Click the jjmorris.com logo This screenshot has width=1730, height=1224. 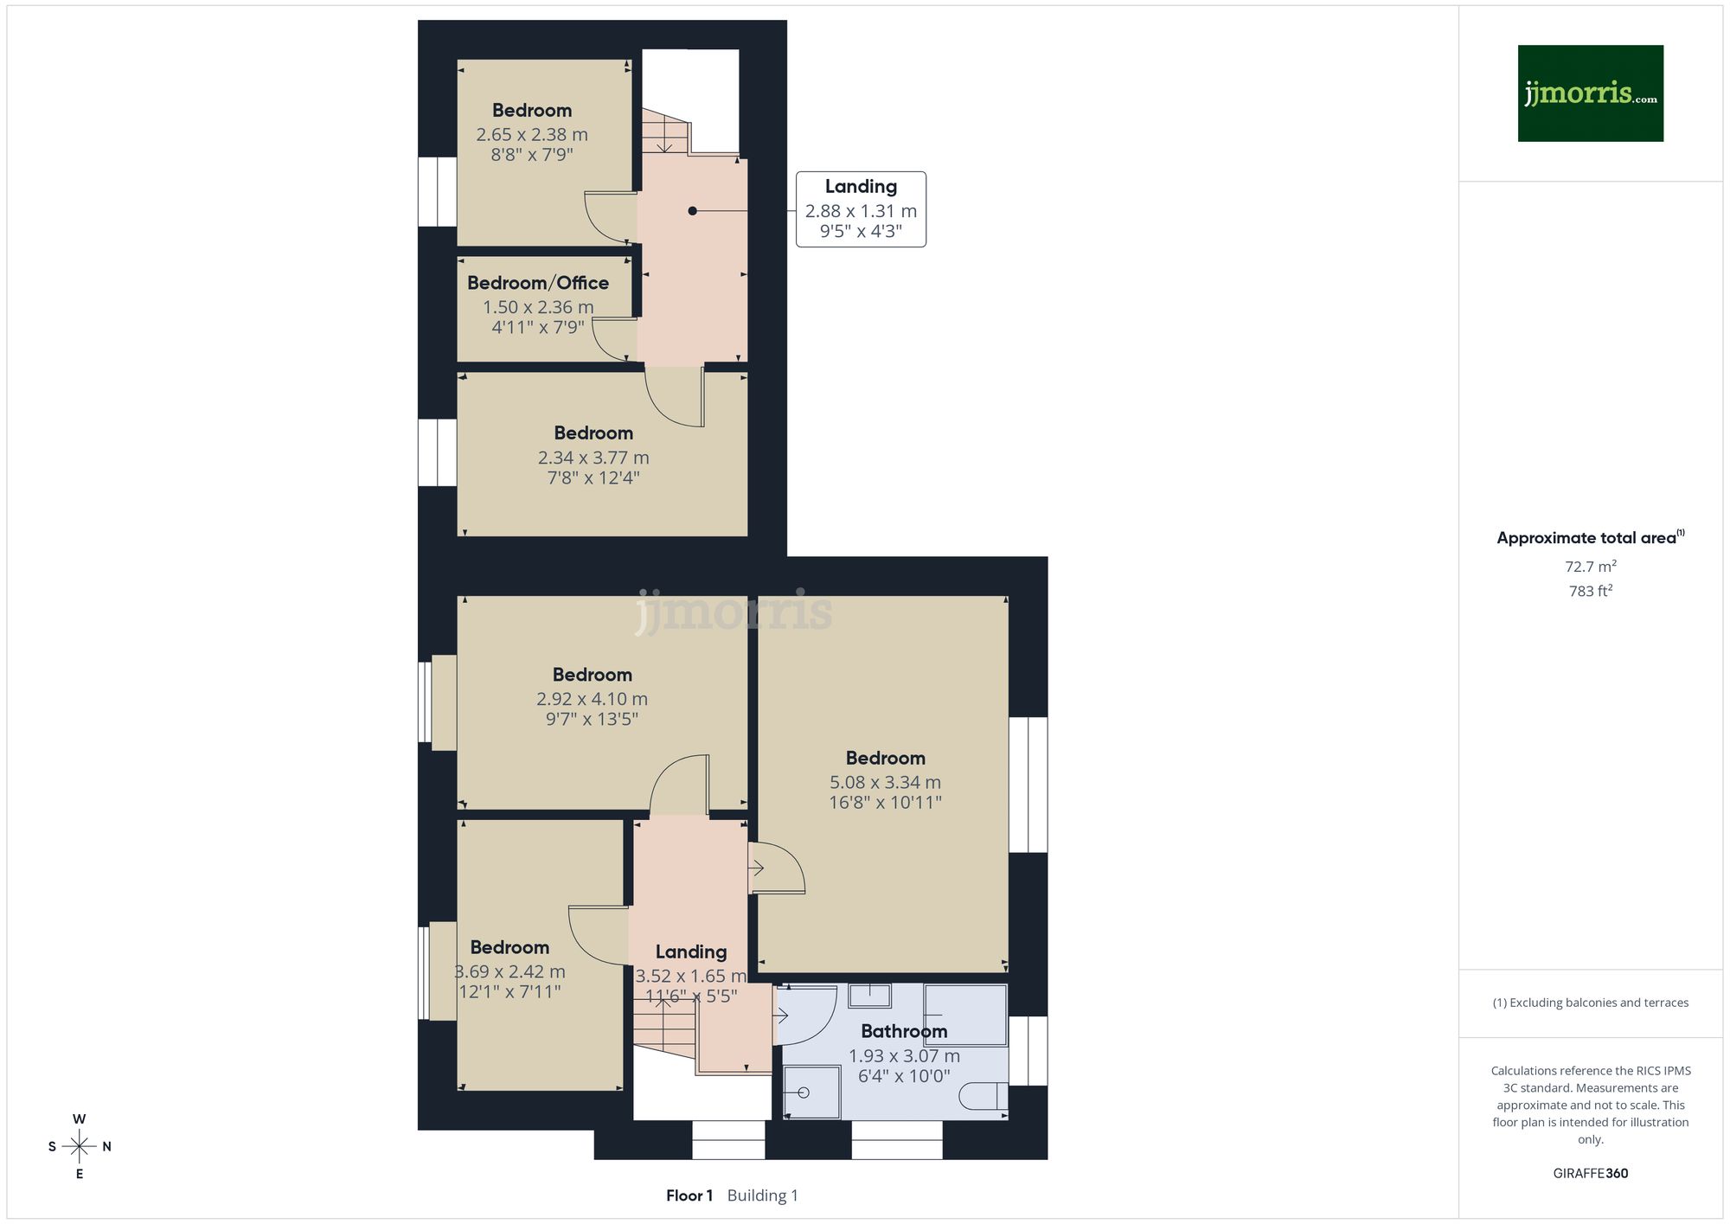pos(1590,93)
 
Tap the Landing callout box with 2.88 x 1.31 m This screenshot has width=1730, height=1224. pos(861,209)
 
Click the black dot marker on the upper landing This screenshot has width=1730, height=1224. pos(692,210)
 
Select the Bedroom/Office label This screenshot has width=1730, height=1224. pos(538,283)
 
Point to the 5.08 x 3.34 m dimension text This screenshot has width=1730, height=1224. pos(885,782)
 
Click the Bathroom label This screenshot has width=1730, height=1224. pos(904,1031)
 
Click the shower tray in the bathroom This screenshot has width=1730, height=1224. pos(812,1093)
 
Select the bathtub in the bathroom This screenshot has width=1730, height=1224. pos(965,1014)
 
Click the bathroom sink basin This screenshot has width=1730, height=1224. pos(869,996)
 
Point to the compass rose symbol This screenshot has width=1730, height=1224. pos(80,1147)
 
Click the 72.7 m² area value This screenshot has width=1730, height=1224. pos(1590,567)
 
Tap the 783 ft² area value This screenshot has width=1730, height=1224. pos(1590,591)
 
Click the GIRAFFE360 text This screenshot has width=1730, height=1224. pos(1590,1173)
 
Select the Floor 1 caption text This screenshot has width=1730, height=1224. pos(689,1195)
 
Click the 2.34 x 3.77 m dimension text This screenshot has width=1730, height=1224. pos(593,458)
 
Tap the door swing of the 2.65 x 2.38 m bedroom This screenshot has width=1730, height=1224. pos(610,217)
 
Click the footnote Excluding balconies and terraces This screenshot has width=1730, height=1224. pos(1590,1003)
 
